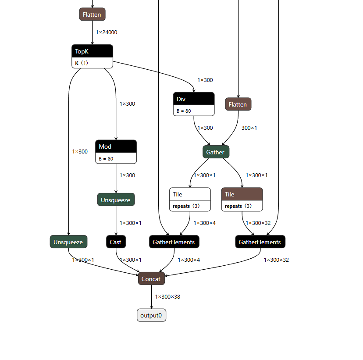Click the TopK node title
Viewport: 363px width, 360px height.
(92, 51)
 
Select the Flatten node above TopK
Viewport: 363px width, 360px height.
(92, 14)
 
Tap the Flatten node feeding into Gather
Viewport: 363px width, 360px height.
(238, 104)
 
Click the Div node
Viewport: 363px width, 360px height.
(194, 100)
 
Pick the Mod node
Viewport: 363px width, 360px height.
(116, 147)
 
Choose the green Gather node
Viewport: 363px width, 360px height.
(216, 152)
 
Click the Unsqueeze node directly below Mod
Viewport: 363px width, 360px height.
(116, 200)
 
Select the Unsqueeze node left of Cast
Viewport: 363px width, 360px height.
(68, 242)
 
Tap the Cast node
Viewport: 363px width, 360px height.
(116, 242)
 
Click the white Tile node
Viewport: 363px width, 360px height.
(190, 194)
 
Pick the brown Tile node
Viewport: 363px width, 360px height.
(242, 194)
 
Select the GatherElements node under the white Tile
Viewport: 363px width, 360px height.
(174, 242)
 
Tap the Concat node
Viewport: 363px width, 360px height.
(151, 279)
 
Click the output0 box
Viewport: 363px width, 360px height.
(152, 315)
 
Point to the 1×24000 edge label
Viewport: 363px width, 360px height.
(107, 32)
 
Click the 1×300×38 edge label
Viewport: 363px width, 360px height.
(167, 297)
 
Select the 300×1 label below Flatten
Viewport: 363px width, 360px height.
(249, 128)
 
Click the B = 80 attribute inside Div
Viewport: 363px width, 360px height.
(184, 111)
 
